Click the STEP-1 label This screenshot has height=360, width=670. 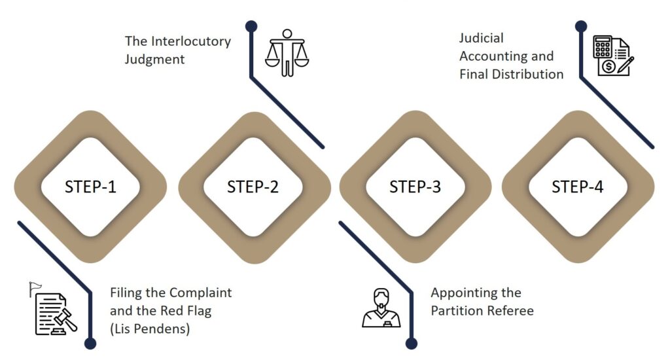pyautogui.click(x=90, y=187)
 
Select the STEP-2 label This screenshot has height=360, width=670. pyautogui.click(x=253, y=187)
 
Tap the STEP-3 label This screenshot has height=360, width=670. pyautogui.click(x=415, y=187)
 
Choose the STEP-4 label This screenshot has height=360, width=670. pyautogui.click(x=577, y=187)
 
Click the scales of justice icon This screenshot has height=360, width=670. pyautogui.click(x=287, y=52)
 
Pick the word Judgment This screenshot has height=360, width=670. pyautogui.click(x=155, y=59)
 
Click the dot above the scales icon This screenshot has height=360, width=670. pyautogui.click(x=251, y=26)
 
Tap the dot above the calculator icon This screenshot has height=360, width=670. pyautogui.click(x=580, y=26)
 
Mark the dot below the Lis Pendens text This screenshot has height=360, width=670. pyautogui.click(x=90, y=343)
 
